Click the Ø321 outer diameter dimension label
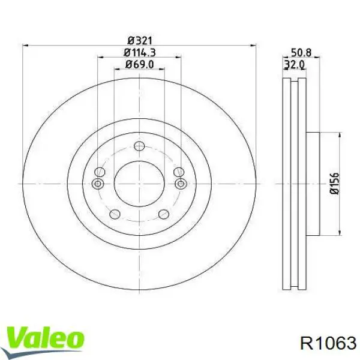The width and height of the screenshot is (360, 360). click(x=140, y=41)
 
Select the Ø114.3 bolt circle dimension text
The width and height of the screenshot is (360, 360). click(x=140, y=53)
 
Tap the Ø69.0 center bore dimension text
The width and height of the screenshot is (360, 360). click(x=140, y=64)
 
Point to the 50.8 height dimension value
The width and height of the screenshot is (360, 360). click(x=301, y=53)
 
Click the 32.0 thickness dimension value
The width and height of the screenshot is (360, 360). click(x=295, y=64)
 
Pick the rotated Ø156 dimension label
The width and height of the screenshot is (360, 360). click(x=334, y=184)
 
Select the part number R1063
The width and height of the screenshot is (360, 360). click(x=328, y=343)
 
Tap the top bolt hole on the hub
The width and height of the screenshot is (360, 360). click(x=139, y=146)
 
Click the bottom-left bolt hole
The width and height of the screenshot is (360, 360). click(x=115, y=214)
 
